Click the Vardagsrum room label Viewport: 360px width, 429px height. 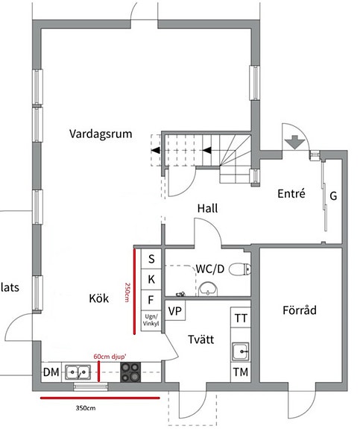(x=101, y=134)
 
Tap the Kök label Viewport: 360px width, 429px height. (x=99, y=298)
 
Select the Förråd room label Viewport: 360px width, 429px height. (x=300, y=310)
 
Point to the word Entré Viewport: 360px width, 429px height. (x=291, y=193)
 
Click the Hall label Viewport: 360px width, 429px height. (x=208, y=208)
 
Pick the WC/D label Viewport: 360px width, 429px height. (x=210, y=269)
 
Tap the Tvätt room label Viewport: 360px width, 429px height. (x=201, y=339)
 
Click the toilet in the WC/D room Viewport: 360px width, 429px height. (x=240, y=269)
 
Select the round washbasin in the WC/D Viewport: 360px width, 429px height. (x=208, y=289)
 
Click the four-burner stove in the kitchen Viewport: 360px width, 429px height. (x=130, y=372)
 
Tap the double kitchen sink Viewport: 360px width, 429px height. (x=78, y=372)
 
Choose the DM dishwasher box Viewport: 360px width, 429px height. (x=51, y=372)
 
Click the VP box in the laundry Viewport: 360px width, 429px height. (x=175, y=310)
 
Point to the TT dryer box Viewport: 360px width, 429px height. (x=241, y=317)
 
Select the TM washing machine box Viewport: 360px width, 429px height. (x=241, y=372)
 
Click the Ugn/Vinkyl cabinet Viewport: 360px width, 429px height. (x=151, y=321)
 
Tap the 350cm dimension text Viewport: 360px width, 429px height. (x=86, y=408)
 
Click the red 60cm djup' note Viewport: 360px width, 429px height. (x=110, y=357)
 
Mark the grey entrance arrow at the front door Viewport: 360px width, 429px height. (x=294, y=143)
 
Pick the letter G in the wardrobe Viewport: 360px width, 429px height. (x=333, y=196)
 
